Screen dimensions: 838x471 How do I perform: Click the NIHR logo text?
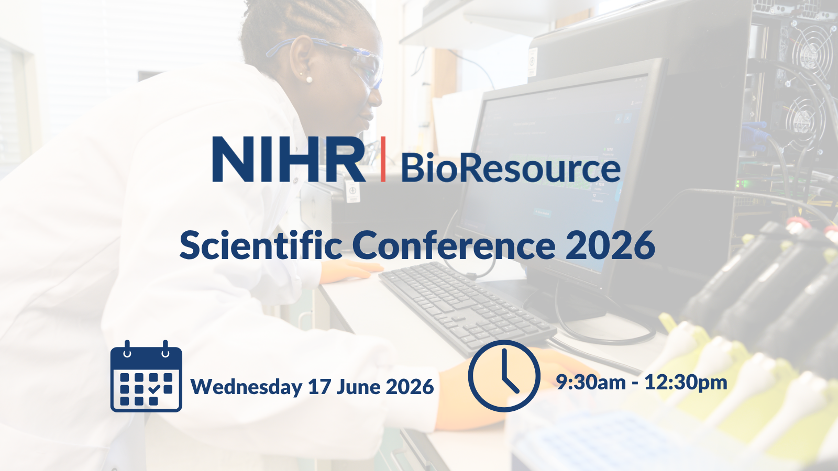289,159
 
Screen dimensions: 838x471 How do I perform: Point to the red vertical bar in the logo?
383,159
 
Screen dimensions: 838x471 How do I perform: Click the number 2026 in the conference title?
610,245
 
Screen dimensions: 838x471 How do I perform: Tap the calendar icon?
146,376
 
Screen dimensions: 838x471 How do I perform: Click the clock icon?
504,376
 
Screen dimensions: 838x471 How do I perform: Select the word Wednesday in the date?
247,387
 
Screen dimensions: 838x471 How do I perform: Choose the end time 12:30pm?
686,383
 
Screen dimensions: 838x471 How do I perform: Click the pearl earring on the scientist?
309,79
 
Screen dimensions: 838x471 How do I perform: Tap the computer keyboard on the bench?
468,308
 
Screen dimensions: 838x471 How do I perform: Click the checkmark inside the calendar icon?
154,389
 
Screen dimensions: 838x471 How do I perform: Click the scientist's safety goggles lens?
367,68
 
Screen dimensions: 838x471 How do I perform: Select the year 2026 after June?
410,387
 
